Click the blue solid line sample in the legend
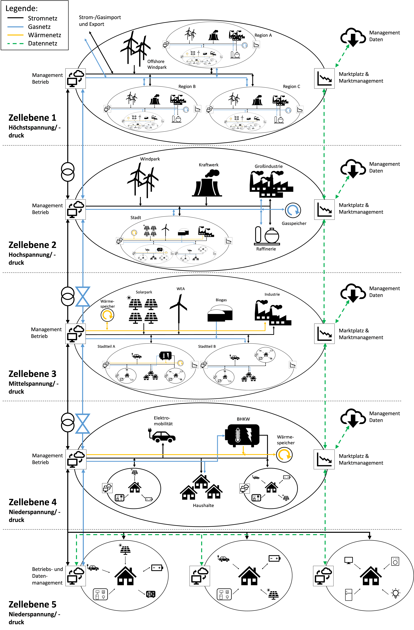pos(15,27)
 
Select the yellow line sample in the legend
pos(15,35)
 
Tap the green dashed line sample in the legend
pos(15,43)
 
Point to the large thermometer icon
pos(238,435)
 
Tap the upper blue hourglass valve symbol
pos(83,296)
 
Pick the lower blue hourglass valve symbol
pos(83,424)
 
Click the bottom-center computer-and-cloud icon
pos(200,576)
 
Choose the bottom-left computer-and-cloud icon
pos(76,576)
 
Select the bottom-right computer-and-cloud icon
pos(323,576)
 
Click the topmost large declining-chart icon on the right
pos(324,78)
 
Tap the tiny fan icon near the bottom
pos(149,594)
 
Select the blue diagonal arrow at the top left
pos(95,58)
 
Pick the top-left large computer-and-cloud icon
pos(76,78)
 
